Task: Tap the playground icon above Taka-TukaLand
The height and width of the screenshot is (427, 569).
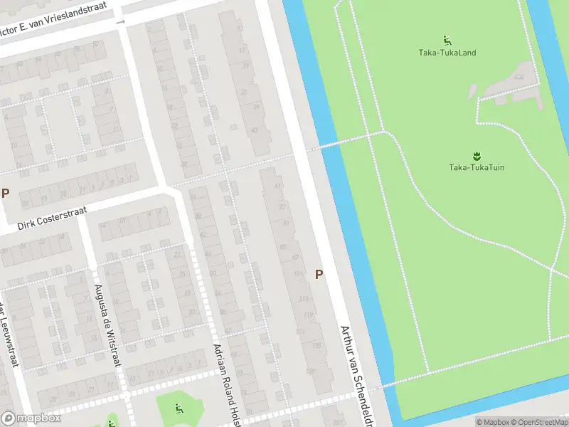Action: (x=447, y=40)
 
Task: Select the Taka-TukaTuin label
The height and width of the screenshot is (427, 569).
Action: (x=477, y=167)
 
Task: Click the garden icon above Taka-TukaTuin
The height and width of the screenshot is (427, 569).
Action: (x=476, y=155)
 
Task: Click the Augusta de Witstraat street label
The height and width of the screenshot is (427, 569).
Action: (x=107, y=325)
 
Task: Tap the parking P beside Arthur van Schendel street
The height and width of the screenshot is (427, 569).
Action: (x=319, y=274)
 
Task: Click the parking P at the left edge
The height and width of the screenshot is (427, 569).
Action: (x=6, y=193)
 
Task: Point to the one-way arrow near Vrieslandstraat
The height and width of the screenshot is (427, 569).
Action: (x=120, y=22)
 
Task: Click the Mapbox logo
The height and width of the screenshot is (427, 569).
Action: (x=32, y=418)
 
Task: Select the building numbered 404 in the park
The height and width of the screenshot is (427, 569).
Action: (x=519, y=77)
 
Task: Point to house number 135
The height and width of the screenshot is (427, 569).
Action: (x=314, y=347)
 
